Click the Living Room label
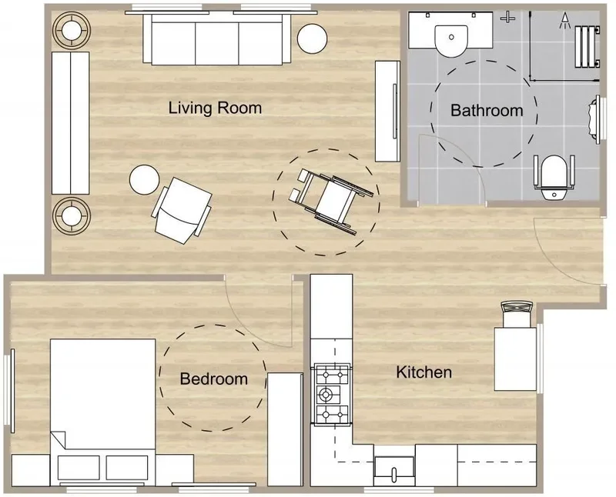(x=215, y=108)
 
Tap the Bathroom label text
(x=487, y=110)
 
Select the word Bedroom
(x=214, y=379)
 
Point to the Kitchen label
(x=424, y=372)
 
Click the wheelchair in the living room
(x=331, y=200)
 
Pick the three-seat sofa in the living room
(x=217, y=39)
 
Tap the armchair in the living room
(x=182, y=210)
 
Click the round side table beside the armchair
(x=144, y=179)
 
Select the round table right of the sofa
(x=313, y=38)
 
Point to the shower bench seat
(x=588, y=47)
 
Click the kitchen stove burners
(x=332, y=394)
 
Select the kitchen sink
(x=394, y=471)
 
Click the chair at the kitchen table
(x=517, y=314)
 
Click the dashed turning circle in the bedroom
(x=159, y=378)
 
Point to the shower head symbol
(x=565, y=21)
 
